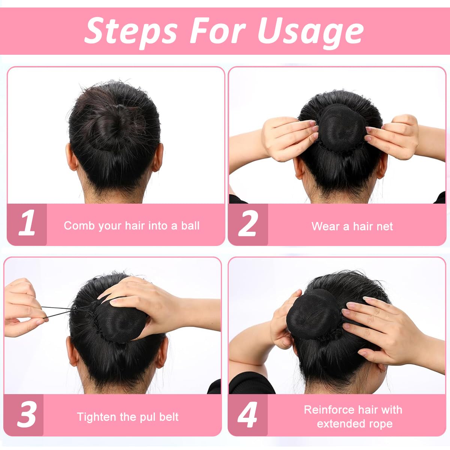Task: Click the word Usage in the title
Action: pos(310,31)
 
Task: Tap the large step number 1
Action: pos(27,224)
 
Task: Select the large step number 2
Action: pos(248,224)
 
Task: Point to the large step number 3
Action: pos(26,415)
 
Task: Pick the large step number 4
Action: pos(247,415)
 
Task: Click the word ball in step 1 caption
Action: pos(190,226)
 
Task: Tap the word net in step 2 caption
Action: pos(385,226)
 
